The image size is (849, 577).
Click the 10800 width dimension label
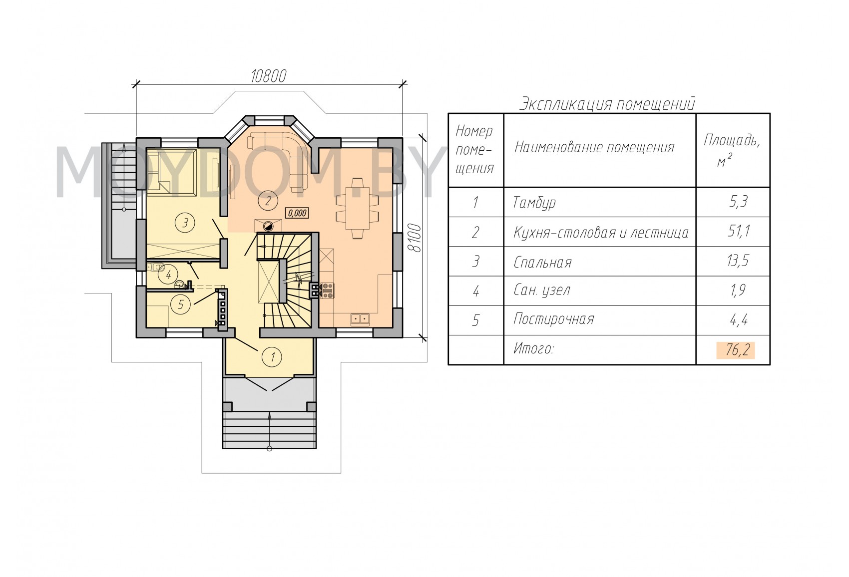pyautogui.click(x=268, y=76)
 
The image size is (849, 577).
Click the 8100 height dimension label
pyautogui.click(x=416, y=238)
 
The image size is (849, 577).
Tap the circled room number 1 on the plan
pyautogui.click(x=272, y=357)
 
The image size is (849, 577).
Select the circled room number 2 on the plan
pyautogui.click(x=268, y=201)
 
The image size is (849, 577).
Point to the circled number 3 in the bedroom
pyautogui.click(x=185, y=223)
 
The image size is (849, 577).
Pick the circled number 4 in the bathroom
pyautogui.click(x=168, y=275)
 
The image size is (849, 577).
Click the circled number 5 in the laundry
pyautogui.click(x=181, y=304)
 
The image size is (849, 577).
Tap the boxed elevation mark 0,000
pyautogui.click(x=297, y=213)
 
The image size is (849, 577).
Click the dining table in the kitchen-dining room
pyautogui.click(x=358, y=208)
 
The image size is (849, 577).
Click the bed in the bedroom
pyautogui.click(x=171, y=172)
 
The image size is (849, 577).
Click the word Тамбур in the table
pyautogui.click(x=534, y=203)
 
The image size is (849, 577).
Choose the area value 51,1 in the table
pyautogui.click(x=738, y=231)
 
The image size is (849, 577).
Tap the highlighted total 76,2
pyautogui.click(x=736, y=350)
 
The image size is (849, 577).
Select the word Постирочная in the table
pyautogui.click(x=553, y=319)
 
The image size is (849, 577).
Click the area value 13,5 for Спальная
pyautogui.click(x=738, y=261)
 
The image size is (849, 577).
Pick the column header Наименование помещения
pyautogui.click(x=594, y=147)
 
